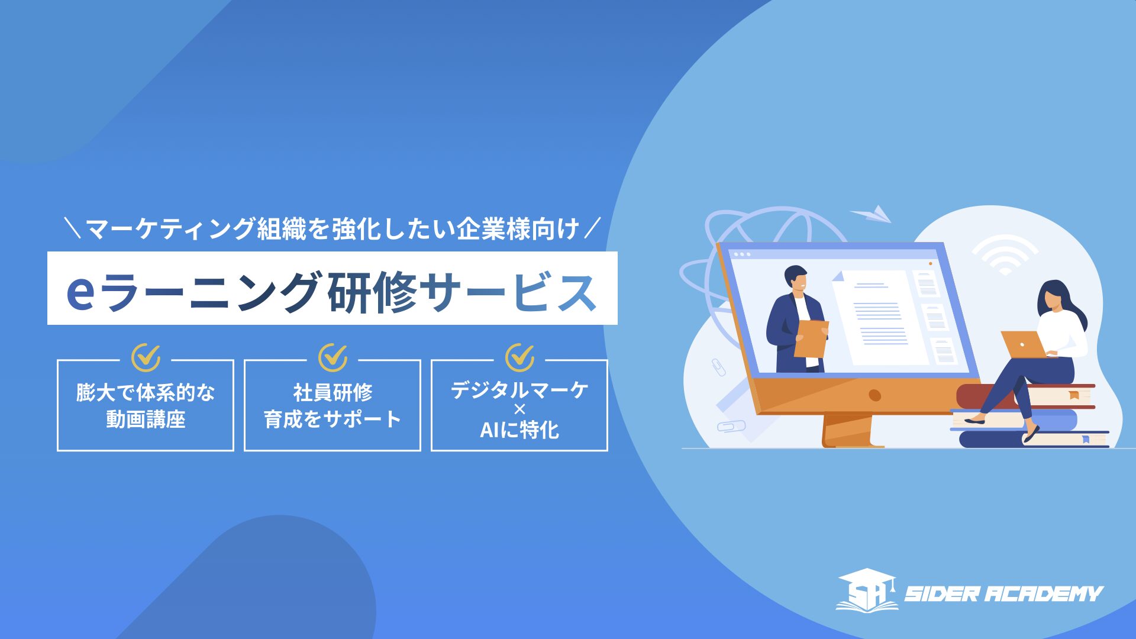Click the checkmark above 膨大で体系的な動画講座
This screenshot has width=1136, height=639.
[x=146, y=357]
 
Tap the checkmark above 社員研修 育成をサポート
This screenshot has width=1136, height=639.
[x=333, y=357]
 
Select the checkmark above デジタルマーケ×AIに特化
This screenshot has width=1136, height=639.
[x=519, y=357]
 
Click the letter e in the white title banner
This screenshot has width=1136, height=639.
[x=80, y=292]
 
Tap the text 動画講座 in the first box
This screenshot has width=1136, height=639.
[x=146, y=419]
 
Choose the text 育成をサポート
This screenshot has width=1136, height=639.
[x=333, y=419]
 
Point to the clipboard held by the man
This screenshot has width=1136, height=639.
[x=811, y=338]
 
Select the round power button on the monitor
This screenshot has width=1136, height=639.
[x=875, y=395]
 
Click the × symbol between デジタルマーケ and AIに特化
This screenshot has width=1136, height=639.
[x=519, y=409]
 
